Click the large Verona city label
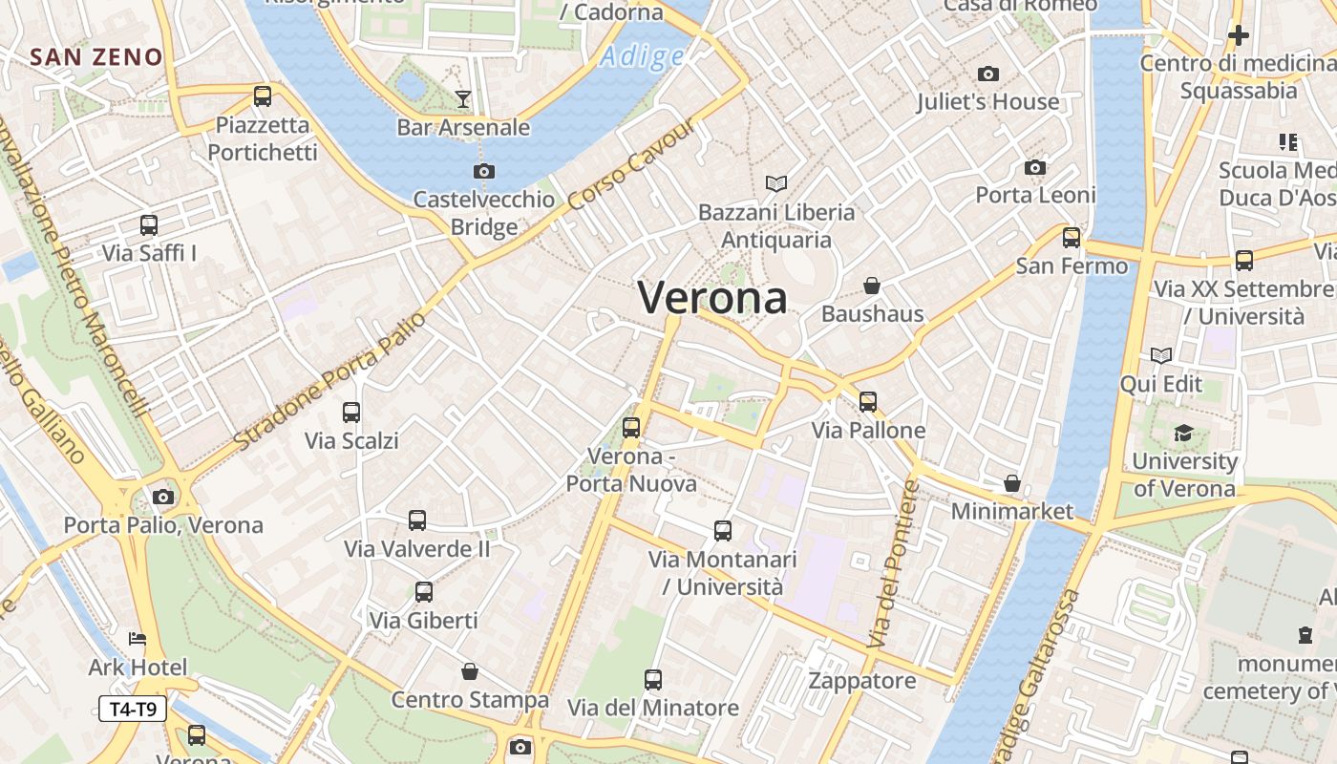(x=712, y=298)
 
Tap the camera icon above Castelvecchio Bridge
(x=484, y=172)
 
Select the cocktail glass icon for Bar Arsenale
(x=463, y=98)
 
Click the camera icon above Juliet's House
(x=988, y=74)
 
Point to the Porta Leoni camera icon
(x=1035, y=168)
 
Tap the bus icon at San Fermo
(x=1072, y=238)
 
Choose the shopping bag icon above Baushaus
(x=872, y=286)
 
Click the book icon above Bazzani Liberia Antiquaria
(x=776, y=183)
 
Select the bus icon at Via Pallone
(x=868, y=402)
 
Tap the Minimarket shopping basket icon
(x=1012, y=483)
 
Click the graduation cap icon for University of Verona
(x=1183, y=433)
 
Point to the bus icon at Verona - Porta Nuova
(x=631, y=428)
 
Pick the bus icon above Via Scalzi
(x=351, y=413)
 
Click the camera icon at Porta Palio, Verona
(x=163, y=497)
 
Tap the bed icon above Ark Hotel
(x=138, y=638)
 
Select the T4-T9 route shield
(x=133, y=709)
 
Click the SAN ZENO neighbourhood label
(x=96, y=57)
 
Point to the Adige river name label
(x=642, y=57)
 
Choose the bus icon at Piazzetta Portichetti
(x=263, y=96)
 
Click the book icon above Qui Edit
(x=1161, y=356)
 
